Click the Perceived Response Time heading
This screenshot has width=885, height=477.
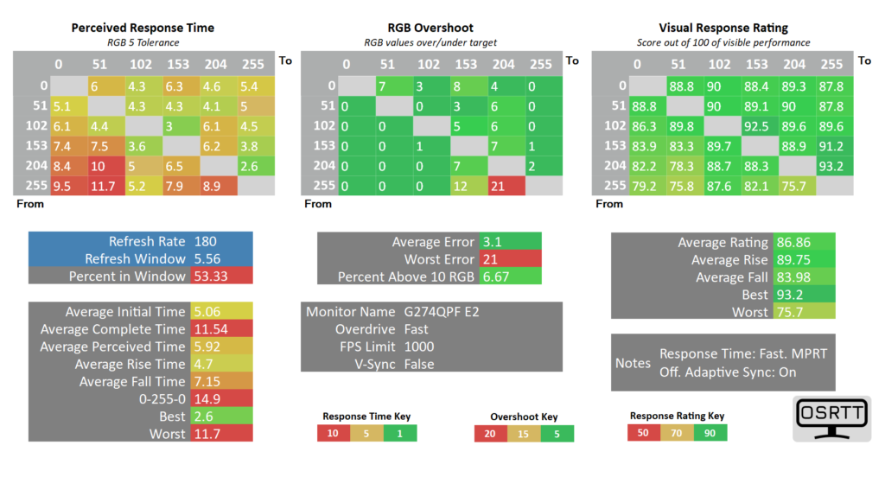143,28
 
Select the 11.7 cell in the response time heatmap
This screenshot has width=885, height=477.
103,186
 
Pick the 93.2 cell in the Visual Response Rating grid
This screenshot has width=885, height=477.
831,166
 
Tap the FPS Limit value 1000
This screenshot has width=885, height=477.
419,347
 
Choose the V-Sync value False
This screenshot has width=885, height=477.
419,364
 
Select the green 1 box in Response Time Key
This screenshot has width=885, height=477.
400,433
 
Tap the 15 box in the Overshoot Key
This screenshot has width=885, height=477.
524,433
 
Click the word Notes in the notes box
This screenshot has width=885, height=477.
633,364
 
